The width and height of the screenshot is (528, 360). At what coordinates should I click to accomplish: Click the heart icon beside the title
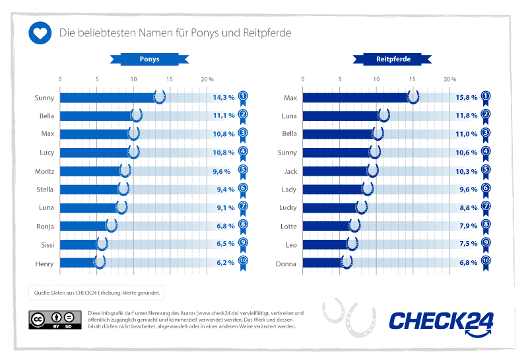click(40, 32)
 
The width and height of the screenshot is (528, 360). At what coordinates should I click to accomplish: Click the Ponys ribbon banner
click(148, 59)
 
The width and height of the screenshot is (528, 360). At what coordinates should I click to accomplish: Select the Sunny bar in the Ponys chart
click(109, 97)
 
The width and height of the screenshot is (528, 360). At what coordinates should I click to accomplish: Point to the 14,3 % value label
click(223, 97)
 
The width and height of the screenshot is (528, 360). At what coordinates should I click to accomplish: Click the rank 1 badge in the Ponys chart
click(243, 98)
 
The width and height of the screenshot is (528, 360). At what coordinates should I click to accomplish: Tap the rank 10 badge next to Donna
click(486, 264)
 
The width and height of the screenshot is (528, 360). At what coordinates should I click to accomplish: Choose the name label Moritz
click(44, 171)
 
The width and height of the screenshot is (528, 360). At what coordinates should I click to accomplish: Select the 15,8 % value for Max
click(466, 97)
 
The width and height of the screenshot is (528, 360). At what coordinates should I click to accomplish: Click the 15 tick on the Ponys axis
click(170, 79)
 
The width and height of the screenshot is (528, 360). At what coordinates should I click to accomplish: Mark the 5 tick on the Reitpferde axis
click(340, 79)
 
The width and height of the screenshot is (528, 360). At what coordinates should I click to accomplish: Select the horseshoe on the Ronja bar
click(112, 226)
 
